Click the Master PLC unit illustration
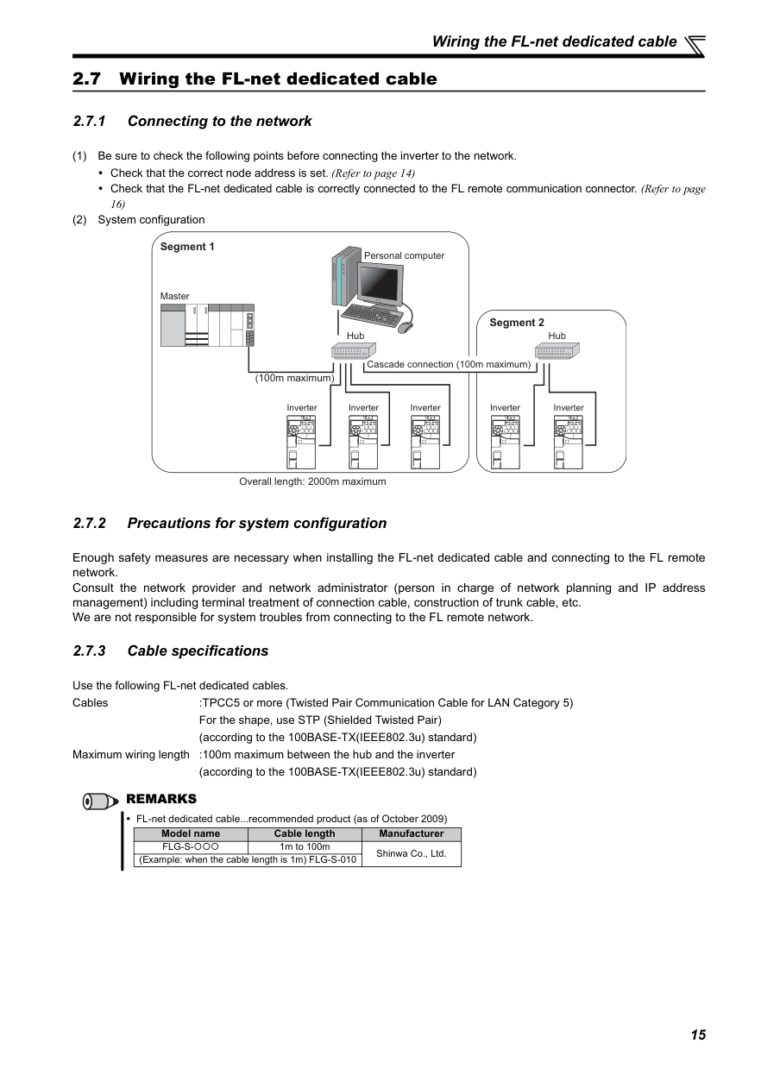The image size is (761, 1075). pos(207,325)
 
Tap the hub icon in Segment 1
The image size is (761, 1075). pos(353,351)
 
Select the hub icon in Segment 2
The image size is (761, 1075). pos(557,351)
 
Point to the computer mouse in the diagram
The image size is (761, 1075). pos(406,328)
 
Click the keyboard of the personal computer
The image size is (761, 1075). pos(372,315)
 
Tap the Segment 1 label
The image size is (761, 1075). pos(187,247)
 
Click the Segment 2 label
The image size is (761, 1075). pos(517,323)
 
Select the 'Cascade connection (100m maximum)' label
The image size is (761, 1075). pos(449,364)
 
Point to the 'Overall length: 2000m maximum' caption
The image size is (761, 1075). pos(312,481)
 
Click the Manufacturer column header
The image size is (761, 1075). pos(412,833)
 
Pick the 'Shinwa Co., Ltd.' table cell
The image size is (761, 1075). pos(412,854)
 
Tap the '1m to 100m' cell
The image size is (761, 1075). pos(305,846)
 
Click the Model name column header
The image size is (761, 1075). pos(191,833)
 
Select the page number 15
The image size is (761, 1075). pos(698,1034)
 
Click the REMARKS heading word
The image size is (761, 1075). pos(161,799)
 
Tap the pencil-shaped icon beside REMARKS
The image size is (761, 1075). pos(100,802)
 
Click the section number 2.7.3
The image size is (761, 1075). pos(89,651)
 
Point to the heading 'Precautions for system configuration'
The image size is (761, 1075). pos(257,523)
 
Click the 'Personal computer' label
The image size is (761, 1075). pos(404,255)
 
